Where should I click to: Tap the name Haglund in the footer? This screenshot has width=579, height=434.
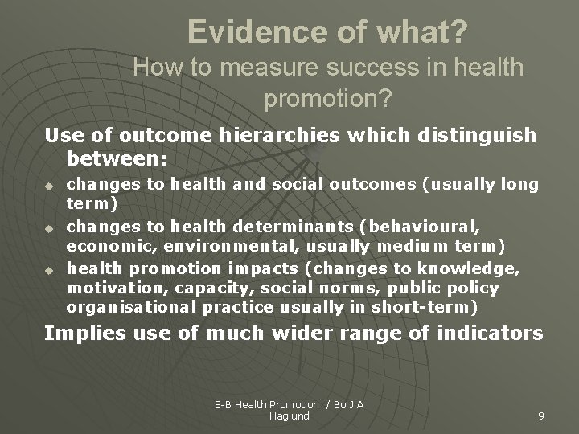(289, 416)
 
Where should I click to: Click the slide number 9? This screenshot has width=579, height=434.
(541, 416)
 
